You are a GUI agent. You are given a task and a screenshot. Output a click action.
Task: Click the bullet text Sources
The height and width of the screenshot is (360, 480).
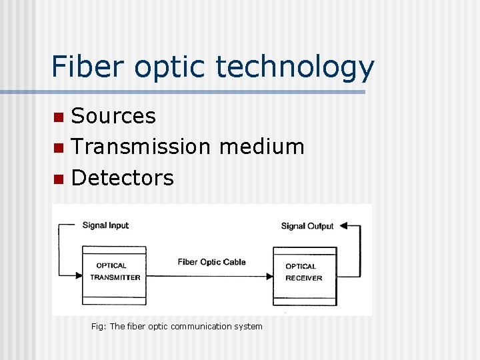[x=113, y=116]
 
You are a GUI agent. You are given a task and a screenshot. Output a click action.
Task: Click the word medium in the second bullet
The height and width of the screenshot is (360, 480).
[x=261, y=147]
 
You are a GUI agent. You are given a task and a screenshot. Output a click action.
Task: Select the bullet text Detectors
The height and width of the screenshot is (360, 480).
[x=122, y=178]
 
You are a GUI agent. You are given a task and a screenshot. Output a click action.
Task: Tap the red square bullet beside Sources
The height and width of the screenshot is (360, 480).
[x=59, y=117]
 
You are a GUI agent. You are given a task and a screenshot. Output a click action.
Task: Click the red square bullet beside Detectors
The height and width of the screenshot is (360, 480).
[x=59, y=179]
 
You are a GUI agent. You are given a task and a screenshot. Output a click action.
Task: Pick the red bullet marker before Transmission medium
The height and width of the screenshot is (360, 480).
[x=59, y=147]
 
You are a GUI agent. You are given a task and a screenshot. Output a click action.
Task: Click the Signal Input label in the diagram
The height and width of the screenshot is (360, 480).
[x=105, y=225]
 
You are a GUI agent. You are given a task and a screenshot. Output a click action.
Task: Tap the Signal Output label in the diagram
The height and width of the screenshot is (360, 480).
[x=307, y=226]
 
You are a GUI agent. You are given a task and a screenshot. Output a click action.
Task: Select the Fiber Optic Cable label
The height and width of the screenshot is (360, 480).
[x=211, y=262]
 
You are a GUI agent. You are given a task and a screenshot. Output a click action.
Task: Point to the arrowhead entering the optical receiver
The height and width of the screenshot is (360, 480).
[x=269, y=276]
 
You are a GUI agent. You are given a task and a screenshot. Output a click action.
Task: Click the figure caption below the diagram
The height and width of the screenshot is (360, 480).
[x=177, y=326]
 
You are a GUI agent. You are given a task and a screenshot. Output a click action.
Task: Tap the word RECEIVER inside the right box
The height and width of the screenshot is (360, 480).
[x=303, y=278]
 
